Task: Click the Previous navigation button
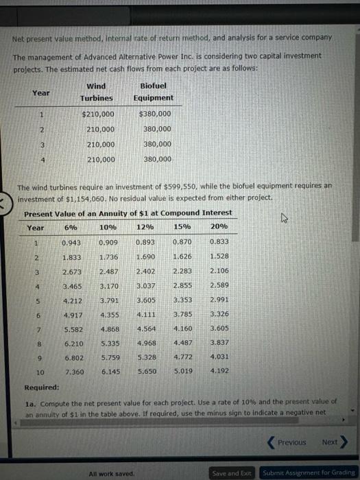288,442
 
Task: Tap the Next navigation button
333,442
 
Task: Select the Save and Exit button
232,473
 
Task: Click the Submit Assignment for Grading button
309,473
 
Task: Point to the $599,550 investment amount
180,186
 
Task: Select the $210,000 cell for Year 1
98,114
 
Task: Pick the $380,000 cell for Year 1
155,114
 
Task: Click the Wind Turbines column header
96,92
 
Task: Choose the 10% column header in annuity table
108,227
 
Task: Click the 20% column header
219,227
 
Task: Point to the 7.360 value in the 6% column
71,372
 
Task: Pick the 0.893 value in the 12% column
145,242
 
